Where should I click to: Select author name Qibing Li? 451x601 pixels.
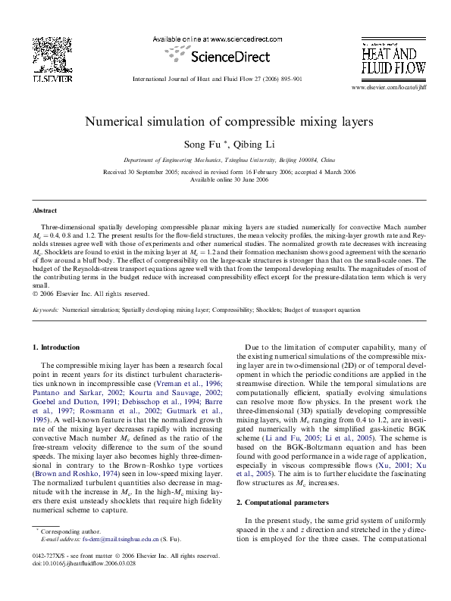coord(250,144)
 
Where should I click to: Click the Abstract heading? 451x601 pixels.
coord(45,210)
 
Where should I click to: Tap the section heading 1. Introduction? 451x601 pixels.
coord(58,347)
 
